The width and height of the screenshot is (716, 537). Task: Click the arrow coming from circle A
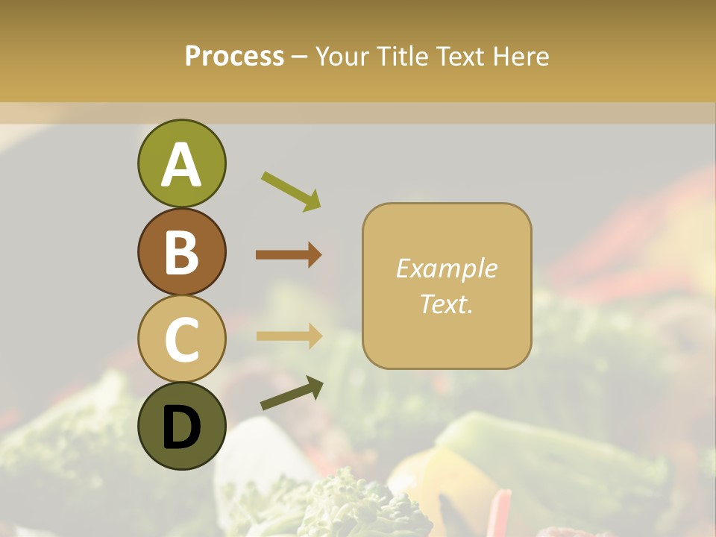pyautogui.click(x=291, y=190)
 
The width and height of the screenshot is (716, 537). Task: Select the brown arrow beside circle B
pyautogui.click(x=289, y=254)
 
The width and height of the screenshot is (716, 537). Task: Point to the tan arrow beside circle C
pyautogui.click(x=289, y=336)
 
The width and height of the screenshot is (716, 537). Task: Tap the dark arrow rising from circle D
pyautogui.click(x=292, y=393)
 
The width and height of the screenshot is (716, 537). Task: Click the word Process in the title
pyautogui.click(x=234, y=56)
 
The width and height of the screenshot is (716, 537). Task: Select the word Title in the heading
pyautogui.click(x=401, y=56)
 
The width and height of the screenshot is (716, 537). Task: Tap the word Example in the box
pyautogui.click(x=446, y=268)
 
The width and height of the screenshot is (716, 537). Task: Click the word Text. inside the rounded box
pyautogui.click(x=446, y=304)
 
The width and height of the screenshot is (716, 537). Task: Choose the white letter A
pyautogui.click(x=181, y=165)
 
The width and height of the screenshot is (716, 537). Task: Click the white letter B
pyautogui.click(x=181, y=252)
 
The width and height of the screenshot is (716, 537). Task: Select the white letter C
pyautogui.click(x=181, y=339)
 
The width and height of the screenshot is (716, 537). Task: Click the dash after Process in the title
pyautogui.click(x=299, y=57)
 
